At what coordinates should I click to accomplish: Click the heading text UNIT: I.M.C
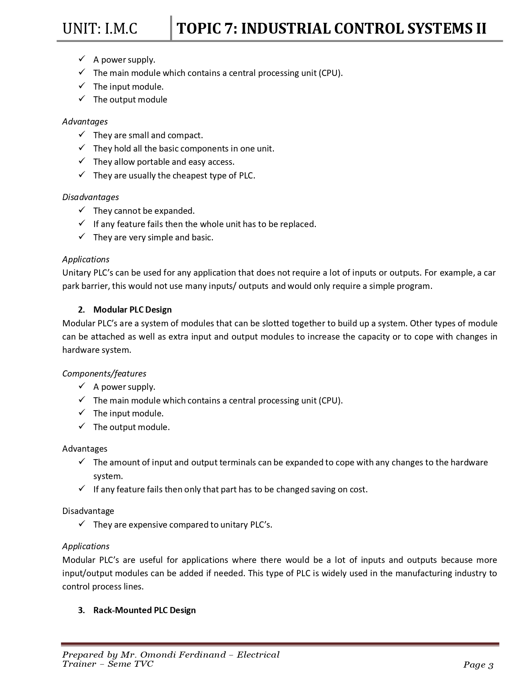click(x=100, y=29)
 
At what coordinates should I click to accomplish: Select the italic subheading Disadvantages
click(x=90, y=197)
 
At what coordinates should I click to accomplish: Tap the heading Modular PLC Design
click(x=132, y=310)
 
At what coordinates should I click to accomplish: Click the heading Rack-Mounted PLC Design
click(x=144, y=610)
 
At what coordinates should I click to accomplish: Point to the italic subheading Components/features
click(x=104, y=374)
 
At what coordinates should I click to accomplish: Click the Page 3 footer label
click(x=478, y=665)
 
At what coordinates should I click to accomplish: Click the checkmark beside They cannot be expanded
click(x=82, y=210)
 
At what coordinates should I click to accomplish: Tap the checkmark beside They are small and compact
click(x=82, y=135)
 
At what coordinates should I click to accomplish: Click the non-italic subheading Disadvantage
click(x=88, y=511)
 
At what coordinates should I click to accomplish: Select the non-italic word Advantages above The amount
click(x=85, y=449)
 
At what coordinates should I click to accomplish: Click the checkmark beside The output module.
click(x=82, y=99)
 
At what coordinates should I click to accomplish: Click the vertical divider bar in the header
click(x=171, y=28)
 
